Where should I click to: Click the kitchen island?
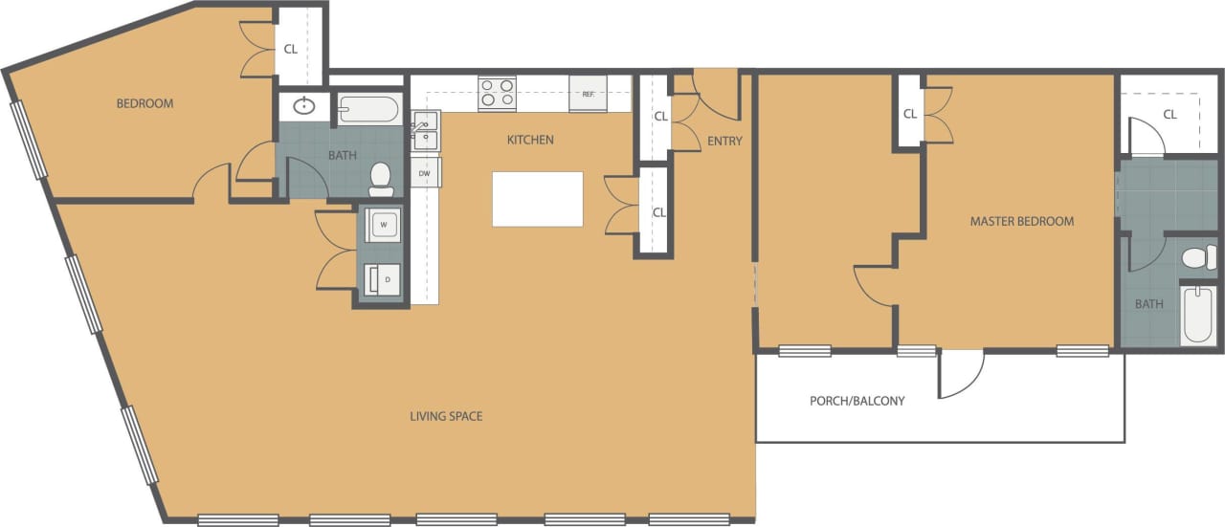[x=537, y=199]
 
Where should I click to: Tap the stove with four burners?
[x=497, y=93]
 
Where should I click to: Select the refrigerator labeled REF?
[x=588, y=94]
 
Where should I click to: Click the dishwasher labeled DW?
[x=424, y=172]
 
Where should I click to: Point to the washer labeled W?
[x=384, y=225]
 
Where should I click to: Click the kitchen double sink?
[x=425, y=132]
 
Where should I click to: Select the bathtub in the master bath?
[x=1198, y=314]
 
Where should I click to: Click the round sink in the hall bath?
[x=305, y=106]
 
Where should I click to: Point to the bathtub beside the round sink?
[x=367, y=109]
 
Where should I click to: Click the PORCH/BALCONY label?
[x=857, y=401]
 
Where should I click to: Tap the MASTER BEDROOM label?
[x=1021, y=221]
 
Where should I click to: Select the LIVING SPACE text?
[x=446, y=416]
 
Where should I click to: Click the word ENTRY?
[x=724, y=142]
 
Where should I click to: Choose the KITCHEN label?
[x=530, y=140]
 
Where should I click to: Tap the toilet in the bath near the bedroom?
[x=381, y=175]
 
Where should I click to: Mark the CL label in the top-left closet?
[x=290, y=49]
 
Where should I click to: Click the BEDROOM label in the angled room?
[x=145, y=103]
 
